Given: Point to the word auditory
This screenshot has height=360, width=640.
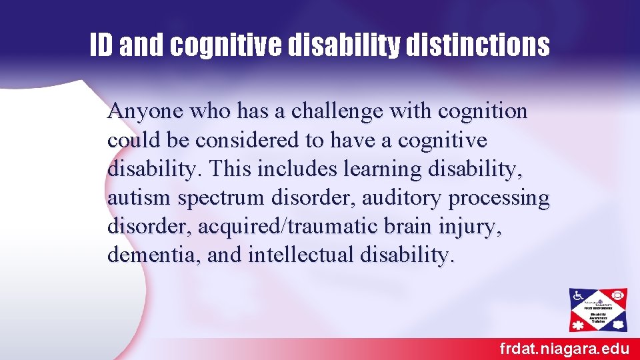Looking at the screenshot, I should click(401, 198).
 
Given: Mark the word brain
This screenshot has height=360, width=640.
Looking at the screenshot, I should click(409, 227).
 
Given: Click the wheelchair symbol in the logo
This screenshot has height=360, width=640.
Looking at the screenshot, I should click(578, 295).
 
